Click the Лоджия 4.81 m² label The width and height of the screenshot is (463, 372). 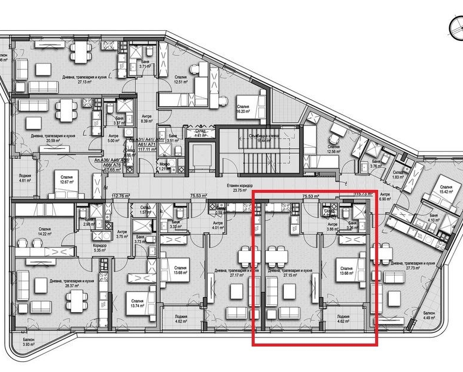point(24,177)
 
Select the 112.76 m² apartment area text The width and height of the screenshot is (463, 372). point(120,195)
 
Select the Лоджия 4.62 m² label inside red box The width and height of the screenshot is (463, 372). point(343,320)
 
